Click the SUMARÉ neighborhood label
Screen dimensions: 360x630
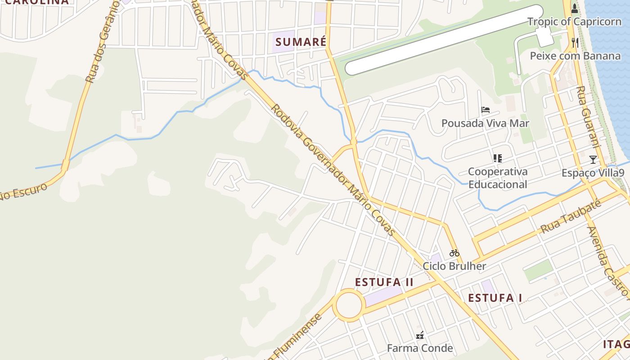coord(301,42)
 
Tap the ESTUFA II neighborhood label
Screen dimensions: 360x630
coord(384,282)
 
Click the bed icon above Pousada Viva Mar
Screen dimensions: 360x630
coord(485,110)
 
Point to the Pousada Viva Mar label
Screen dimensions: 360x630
coord(485,123)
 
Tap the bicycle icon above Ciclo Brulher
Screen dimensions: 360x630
coord(454,253)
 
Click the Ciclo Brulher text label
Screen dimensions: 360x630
coord(454,266)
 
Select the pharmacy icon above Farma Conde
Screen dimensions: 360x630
coord(420,335)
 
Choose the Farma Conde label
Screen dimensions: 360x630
coord(420,348)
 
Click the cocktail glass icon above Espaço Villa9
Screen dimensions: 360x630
coord(593,160)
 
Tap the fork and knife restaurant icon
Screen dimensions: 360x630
coord(575,43)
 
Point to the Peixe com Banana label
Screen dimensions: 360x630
coord(575,56)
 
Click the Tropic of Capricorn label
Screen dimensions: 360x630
coord(574,22)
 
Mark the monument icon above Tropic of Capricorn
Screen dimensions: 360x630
coord(575,8)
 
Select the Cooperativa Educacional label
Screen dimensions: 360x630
coord(498,178)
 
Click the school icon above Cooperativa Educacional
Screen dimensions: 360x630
coord(497,158)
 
